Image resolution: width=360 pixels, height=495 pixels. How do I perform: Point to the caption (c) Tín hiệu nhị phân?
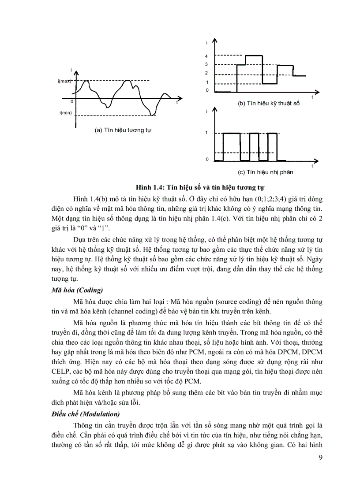pyautogui.click(x=265, y=172)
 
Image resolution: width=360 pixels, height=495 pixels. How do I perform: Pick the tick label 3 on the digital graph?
pyautogui.click(x=206, y=65)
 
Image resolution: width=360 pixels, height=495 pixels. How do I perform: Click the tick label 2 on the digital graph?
pyautogui.click(x=206, y=74)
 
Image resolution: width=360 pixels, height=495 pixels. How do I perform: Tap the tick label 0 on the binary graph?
pyautogui.click(x=206, y=159)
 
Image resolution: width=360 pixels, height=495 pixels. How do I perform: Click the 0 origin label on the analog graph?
pyautogui.click(x=71, y=102)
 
